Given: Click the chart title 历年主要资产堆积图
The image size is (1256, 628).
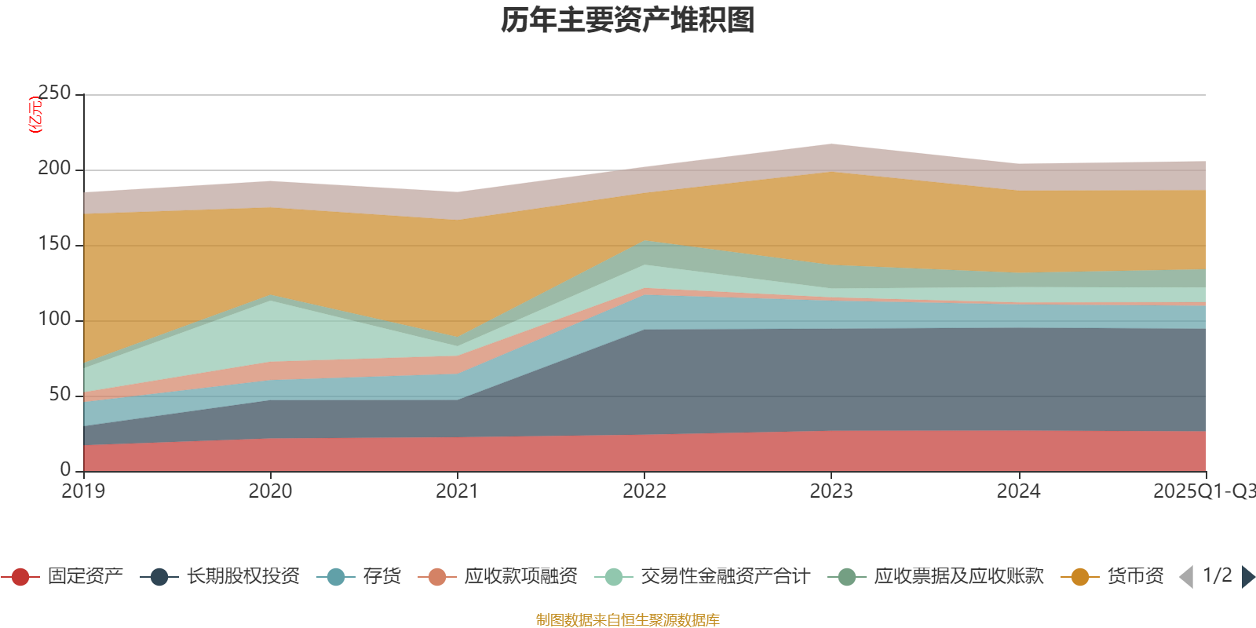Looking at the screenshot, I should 628,20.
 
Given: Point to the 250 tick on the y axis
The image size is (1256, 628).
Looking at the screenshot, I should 55,93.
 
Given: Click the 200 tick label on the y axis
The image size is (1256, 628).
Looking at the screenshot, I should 55,169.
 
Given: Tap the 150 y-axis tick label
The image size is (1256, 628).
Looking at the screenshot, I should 55,244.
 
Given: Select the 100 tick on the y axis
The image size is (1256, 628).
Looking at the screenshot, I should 55,319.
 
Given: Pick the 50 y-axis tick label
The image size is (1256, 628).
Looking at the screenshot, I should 60,395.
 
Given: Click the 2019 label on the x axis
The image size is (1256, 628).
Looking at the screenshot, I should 84,491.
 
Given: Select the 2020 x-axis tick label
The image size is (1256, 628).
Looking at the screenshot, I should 270,491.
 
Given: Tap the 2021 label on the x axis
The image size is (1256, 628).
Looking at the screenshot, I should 457,491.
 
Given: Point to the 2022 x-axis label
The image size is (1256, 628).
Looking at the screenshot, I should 644,491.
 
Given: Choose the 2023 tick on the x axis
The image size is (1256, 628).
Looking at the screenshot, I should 831,491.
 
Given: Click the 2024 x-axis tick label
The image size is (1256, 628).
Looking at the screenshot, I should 1018,491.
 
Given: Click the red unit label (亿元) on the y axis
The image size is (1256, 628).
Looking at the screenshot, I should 35,115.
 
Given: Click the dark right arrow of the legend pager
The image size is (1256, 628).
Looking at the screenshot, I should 1247,577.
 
